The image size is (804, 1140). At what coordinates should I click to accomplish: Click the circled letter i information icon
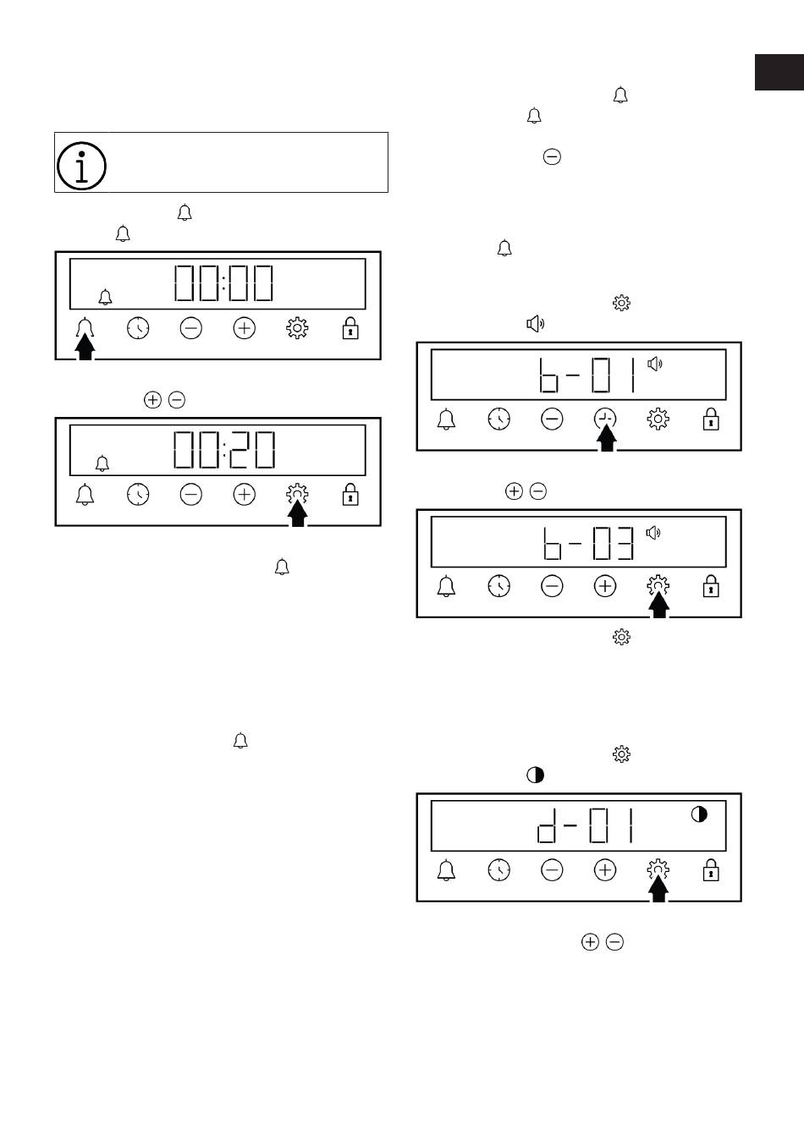[x=81, y=166]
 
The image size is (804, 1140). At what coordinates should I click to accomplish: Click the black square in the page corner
[x=779, y=72]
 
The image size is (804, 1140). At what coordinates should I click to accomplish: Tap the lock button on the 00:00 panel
[x=350, y=328]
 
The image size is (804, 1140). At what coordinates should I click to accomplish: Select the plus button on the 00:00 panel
[x=244, y=328]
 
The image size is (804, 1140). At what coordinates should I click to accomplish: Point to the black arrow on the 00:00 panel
[x=85, y=347]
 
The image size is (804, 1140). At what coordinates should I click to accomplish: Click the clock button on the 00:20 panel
[x=138, y=495]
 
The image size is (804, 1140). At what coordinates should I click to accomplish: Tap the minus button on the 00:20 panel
[x=191, y=495]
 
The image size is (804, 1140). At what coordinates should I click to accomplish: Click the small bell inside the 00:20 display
[x=102, y=463]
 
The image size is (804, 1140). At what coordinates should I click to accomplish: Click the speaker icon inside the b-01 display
[x=655, y=364]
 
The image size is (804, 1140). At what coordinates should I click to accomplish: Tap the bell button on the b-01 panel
[x=446, y=419]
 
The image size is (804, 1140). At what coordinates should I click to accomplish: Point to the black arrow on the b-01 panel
[x=607, y=438]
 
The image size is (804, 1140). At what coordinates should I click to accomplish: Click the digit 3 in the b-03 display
[x=625, y=544]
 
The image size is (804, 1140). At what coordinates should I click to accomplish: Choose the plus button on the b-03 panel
[x=605, y=586]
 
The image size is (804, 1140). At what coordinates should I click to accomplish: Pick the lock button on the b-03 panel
[x=711, y=586]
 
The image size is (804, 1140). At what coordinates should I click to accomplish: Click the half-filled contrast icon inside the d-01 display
[x=699, y=814]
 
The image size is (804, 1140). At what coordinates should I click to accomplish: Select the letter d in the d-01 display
[x=547, y=825]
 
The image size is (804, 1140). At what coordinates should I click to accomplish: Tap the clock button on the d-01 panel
[x=499, y=869]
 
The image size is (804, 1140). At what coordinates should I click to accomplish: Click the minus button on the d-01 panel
[x=552, y=869]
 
